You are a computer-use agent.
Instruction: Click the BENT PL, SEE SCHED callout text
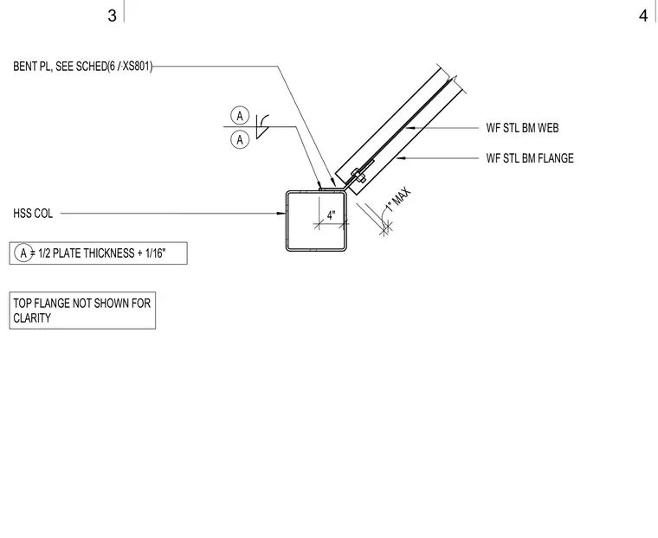[x=83, y=67]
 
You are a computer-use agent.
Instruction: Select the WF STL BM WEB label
[x=522, y=128]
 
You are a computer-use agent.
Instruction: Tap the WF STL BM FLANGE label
[x=530, y=158]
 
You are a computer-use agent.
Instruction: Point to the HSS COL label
[x=33, y=214]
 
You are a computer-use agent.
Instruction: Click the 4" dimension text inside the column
[x=331, y=215]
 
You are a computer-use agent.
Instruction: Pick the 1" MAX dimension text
[x=397, y=201]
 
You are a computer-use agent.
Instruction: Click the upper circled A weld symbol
[x=240, y=115]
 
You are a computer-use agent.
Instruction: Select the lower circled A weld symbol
[x=240, y=139]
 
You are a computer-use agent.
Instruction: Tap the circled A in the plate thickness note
[x=23, y=253]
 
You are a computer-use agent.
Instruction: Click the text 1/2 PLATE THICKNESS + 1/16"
[x=102, y=253]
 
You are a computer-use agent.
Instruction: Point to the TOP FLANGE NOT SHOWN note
[x=82, y=311]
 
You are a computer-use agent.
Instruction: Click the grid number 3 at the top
[x=112, y=16]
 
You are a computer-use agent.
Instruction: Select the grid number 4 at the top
[x=643, y=16]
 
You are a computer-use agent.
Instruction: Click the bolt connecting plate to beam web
[x=358, y=176]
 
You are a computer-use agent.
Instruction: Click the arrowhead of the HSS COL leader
[x=281, y=214]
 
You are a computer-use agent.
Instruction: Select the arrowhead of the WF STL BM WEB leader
[x=410, y=127]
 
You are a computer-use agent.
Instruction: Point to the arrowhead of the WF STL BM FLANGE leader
[x=401, y=158]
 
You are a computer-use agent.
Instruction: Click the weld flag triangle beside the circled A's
[x=261, y=131]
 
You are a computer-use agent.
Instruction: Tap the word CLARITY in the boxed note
[x=32, y=317]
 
